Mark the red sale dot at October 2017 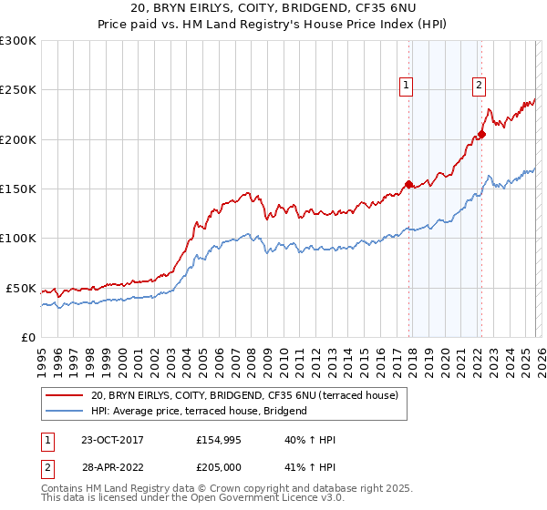408,184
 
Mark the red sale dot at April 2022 481,135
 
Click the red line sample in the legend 64,396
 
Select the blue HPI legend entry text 198,411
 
